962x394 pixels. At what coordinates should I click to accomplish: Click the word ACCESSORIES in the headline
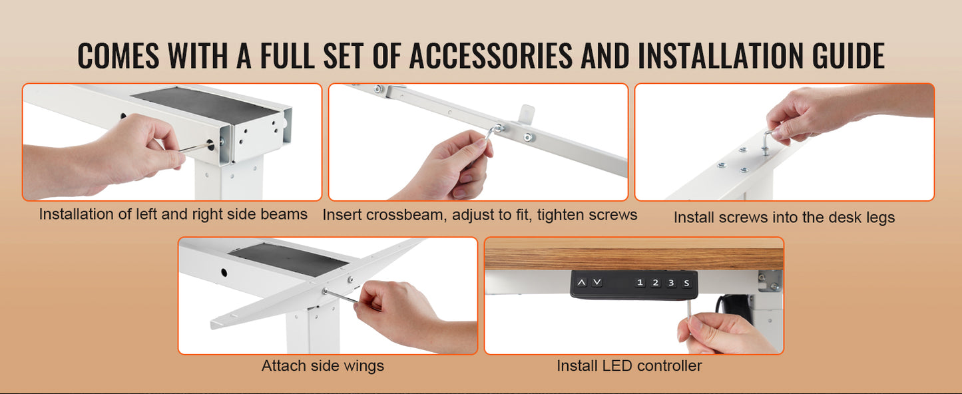point(490,55)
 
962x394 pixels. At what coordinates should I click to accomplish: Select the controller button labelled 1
point(640,283)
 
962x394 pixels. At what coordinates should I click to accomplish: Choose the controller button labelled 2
point(655,283)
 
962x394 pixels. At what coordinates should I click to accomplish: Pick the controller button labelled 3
point(671,283)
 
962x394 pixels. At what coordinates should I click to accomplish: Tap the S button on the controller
point(686,283)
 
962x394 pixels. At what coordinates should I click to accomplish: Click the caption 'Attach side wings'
point(323,366)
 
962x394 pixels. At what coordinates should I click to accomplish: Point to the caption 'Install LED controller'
point(629,366)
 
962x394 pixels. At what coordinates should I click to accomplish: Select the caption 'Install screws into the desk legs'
point(784,218)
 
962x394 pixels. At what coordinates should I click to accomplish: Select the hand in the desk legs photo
point(812,110)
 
